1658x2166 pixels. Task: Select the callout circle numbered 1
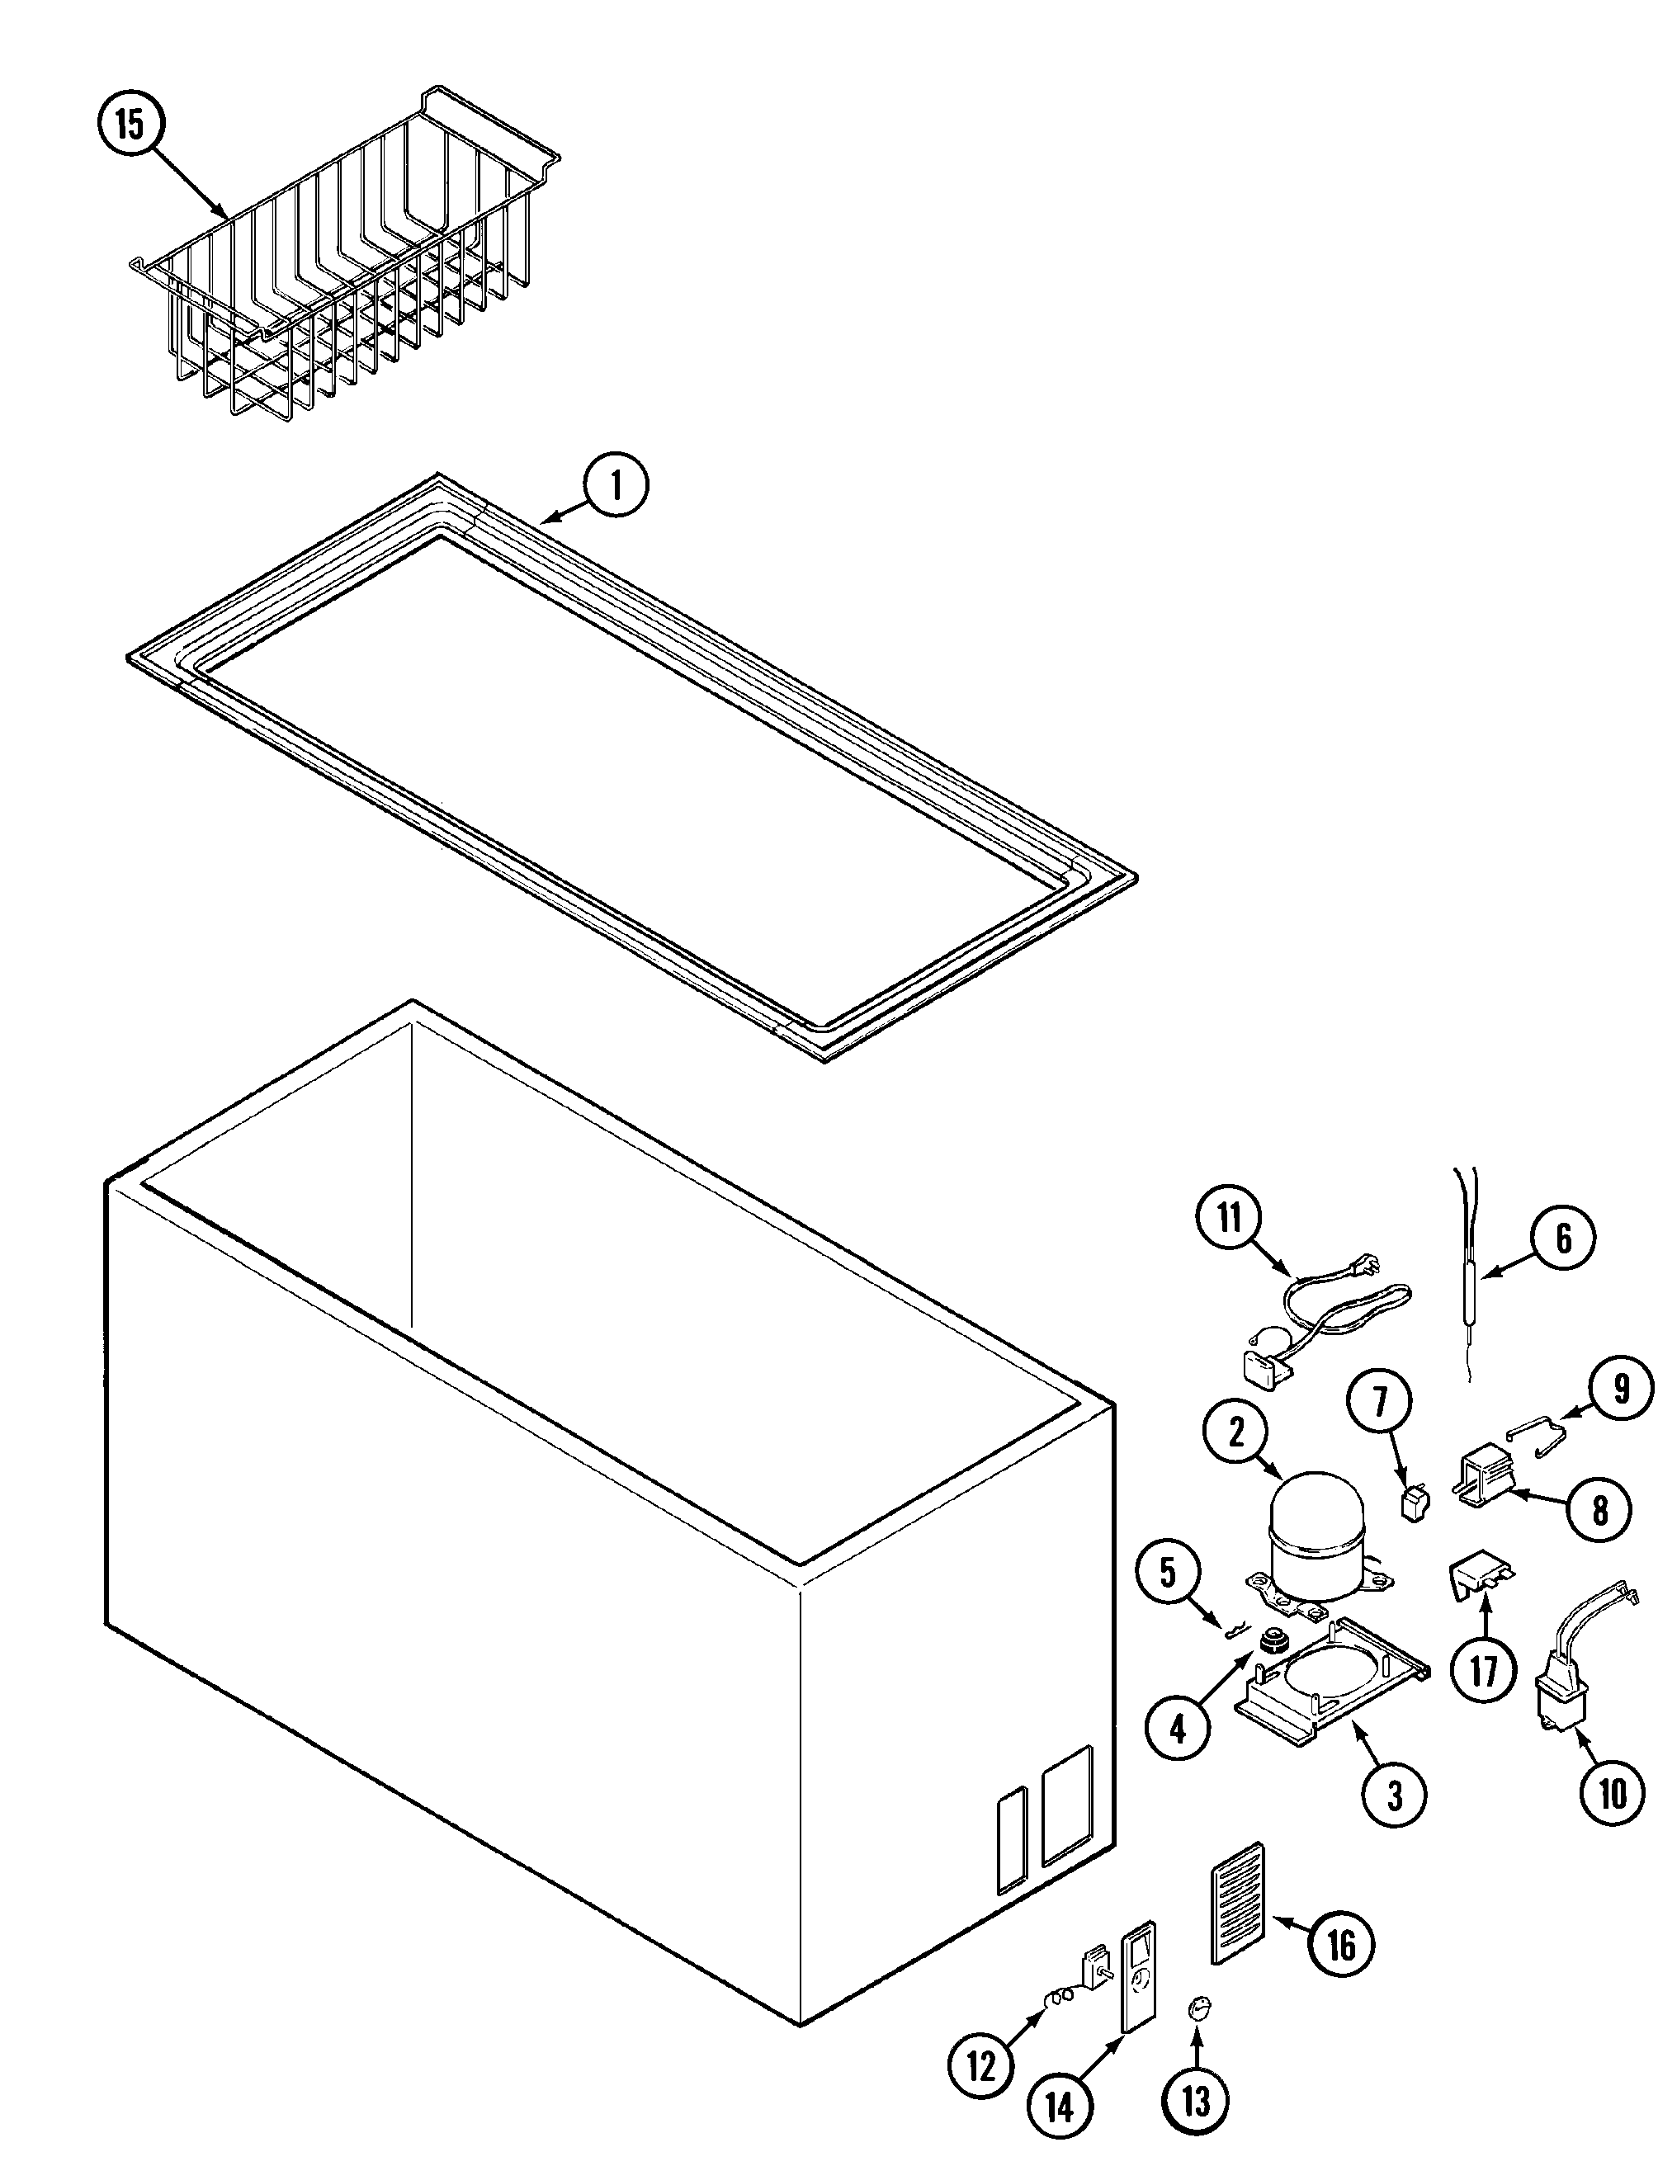click(x=616, y=488)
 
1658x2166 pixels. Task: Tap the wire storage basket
click(x=346, y=267)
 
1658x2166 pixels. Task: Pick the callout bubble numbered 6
click(x=1563, y=1239)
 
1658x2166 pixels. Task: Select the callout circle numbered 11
click(x=1230, y=1218)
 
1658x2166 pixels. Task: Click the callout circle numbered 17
click(x=1483, y=1671)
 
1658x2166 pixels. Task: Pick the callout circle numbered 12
click(x=982, y=2066)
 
